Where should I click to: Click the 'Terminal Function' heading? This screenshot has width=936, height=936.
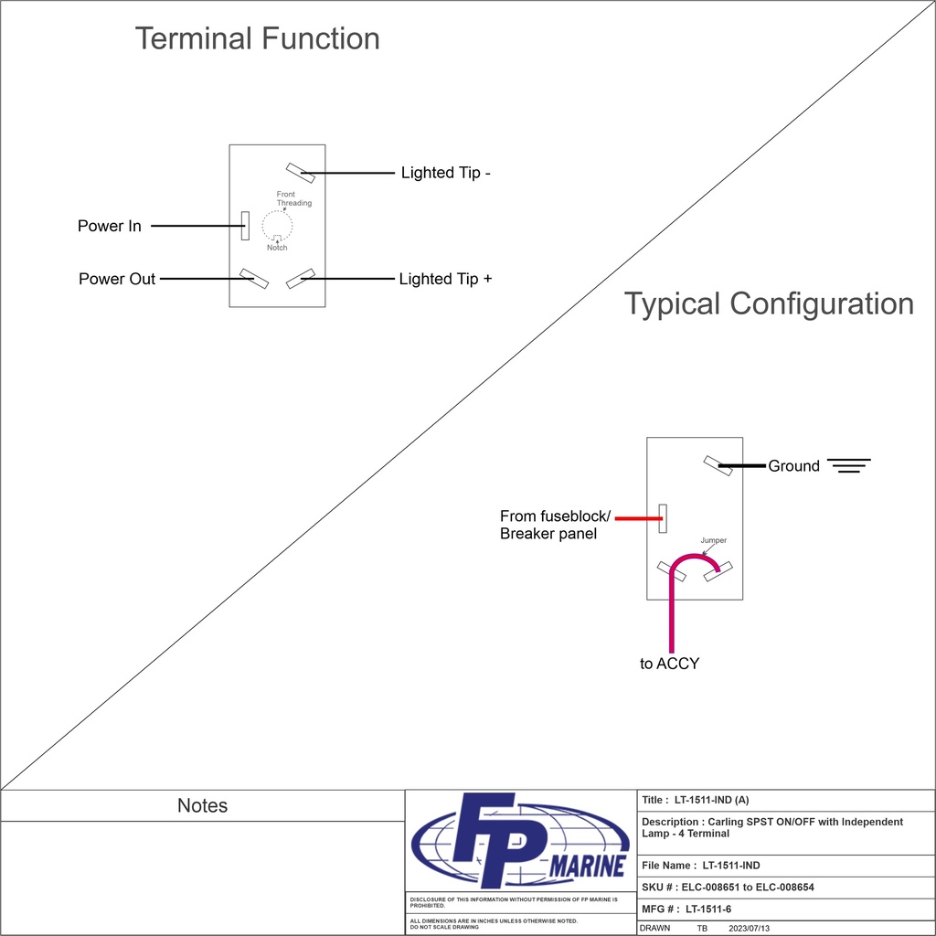(x=257, y=38)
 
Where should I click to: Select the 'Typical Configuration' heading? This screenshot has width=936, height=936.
(x=769, y=303)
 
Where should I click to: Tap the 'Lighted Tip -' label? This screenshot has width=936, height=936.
(x=446, y=173)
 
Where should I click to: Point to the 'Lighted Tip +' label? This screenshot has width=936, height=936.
(x=445, y=279)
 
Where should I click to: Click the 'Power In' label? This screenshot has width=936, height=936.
(x=109, y=226)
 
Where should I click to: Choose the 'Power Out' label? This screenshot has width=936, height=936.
(x=117, y=279)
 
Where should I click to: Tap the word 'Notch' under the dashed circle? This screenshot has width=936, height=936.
(x=277, y=248)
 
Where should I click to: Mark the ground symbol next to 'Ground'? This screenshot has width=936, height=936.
(x=849, y=465)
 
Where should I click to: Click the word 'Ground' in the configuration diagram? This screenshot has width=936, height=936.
(x=793, y=466)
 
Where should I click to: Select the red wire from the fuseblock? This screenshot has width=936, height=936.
(x=638, y=518)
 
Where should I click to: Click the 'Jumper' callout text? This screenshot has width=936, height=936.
(x=714, y=540)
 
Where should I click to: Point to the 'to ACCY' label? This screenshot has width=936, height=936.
(x=669, y=664)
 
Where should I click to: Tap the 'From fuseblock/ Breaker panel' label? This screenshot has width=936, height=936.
(x=554, y=525)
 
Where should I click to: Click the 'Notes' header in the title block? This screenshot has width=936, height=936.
(x=202, y=805)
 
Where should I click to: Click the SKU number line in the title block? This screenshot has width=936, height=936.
(x=728, y=887)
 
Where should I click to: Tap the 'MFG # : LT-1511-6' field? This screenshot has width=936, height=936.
(x=686, y=909)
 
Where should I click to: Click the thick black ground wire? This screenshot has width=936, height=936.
(x=742, y=466)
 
